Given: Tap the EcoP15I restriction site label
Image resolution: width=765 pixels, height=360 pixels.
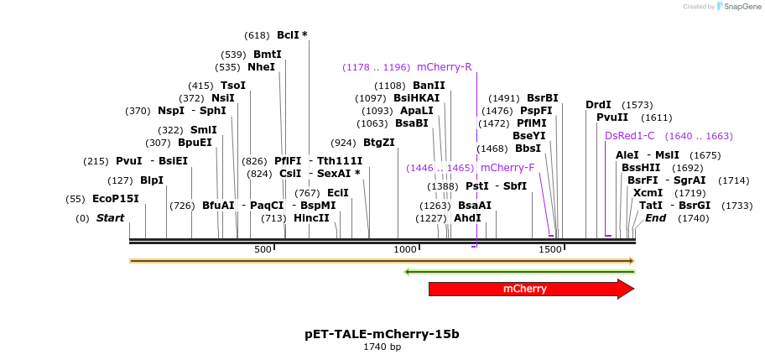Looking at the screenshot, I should click(x=115, y=199).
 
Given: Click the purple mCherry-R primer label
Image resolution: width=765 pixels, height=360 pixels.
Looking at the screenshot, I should click(x=444, y=67).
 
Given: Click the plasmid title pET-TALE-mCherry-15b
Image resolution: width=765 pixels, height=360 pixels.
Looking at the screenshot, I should click(x=382, y=334).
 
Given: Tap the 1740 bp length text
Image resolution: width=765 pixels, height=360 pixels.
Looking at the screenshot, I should click(x=382, y=347).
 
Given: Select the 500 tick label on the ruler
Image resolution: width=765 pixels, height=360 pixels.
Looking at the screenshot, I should click(x=263, y=250).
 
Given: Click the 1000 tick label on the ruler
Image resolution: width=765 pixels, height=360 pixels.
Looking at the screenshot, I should click(x=406, y=250).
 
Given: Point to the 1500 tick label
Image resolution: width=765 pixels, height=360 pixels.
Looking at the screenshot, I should click(x=549, y=250).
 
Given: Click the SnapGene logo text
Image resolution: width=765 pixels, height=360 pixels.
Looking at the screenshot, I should click(x=738, y=7).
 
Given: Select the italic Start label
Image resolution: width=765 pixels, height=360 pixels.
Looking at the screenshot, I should click(x=110, y=218).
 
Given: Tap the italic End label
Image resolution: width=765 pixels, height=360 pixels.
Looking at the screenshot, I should click(x=655, y=218).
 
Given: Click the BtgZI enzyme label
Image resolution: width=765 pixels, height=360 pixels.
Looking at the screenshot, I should click(x=378, y=143).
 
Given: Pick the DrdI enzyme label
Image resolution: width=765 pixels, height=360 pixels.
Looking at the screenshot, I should click(x=598, y=105).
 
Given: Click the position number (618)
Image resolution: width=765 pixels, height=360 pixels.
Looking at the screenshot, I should click(x=257, y=35).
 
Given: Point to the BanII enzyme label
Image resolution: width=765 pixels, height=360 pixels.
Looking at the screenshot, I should click(x=429, y=86).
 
